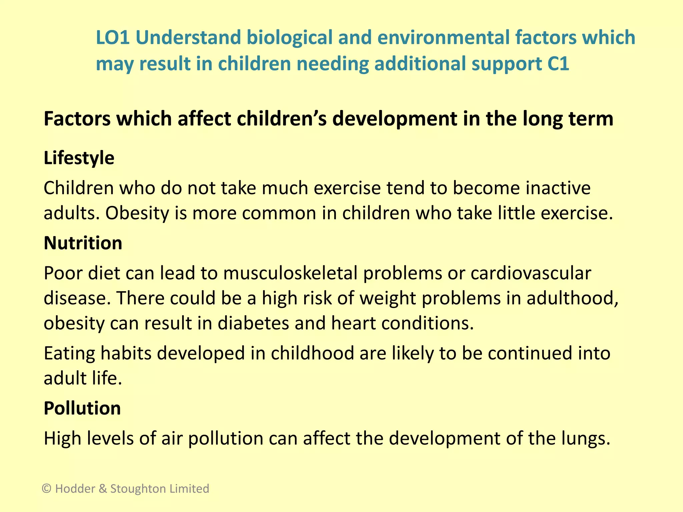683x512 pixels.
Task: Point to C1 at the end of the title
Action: (x=558, y=64)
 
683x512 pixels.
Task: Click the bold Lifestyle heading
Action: (x=79, y=158)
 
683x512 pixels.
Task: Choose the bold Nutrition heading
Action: (x=83, y=243)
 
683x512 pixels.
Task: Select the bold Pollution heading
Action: (x=82, y=408)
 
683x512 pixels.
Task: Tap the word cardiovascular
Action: (x=531, y=273)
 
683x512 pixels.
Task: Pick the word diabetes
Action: (x=253, y=323)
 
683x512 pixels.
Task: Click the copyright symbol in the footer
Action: (x=47, y=489)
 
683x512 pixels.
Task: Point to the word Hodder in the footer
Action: (x=75, y=489)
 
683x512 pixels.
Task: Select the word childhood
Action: (x=312, y=353)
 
